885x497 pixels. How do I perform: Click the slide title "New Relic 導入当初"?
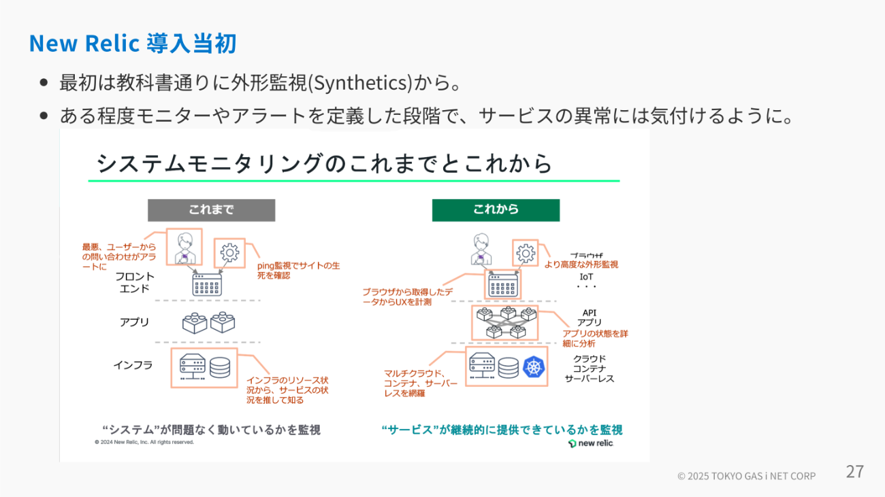[x=133, y=44]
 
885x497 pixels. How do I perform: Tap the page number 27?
[x=854, y=471]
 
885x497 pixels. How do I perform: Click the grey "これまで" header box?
[x=211, y=210]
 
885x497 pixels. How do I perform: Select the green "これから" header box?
[x=496, y=210]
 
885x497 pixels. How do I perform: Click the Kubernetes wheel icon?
[x=534, y=368]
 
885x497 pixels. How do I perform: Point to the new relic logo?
[x=591, y=443]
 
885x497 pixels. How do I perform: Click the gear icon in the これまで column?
[x=229, y=253]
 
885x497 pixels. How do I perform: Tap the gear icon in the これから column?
[x=526, y=254]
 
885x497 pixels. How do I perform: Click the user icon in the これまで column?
[x=184, y=247]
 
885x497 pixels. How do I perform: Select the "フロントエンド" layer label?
[x=135, y=282]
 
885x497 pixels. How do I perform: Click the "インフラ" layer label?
[x=133, y=365]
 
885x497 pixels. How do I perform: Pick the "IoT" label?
[x=586, y=277]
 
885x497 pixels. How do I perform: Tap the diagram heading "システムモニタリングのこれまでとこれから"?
[x=324, y=164]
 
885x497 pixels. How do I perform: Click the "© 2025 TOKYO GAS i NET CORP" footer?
[x=746, y=476]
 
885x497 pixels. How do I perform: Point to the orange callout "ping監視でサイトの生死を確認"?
[x=298, y=270]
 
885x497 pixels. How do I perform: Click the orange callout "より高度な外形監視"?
[x=581, y=264]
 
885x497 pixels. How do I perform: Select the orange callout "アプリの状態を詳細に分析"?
[x=595, y=339]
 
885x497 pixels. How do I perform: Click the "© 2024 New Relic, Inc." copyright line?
[x=144, y=442]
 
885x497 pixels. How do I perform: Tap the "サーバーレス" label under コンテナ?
[x=590, y=379]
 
